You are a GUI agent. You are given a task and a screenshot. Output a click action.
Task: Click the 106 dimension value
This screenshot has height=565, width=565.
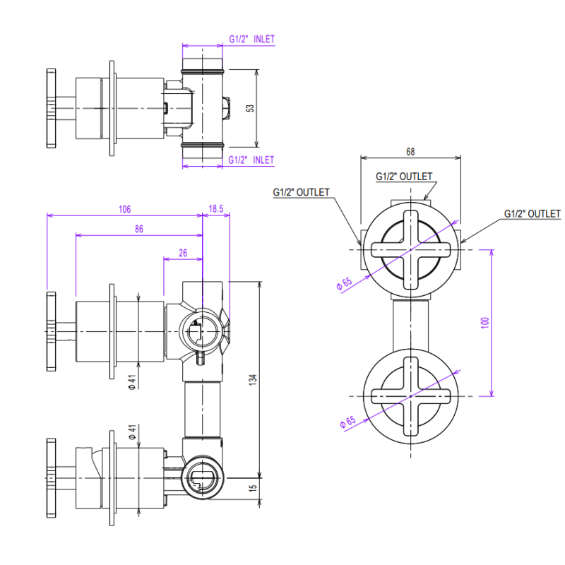[x=125, y=209]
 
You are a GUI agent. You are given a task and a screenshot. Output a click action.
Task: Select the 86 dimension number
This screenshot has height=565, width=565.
[x=139, y=229]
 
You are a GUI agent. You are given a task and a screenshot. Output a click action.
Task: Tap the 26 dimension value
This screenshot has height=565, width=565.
[x=183, y=253]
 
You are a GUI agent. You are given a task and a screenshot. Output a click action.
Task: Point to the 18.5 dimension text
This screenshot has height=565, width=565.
[x=216, y=208]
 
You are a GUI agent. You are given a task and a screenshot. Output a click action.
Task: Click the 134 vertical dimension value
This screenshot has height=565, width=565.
[x=253, y=380]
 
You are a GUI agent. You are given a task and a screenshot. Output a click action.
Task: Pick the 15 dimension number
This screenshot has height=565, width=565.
[x=253, y=487]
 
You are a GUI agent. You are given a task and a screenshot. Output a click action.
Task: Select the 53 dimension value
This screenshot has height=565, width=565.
[x=250, y=108]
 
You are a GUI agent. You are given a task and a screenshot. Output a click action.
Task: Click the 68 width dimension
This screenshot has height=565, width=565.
[x=410, y=152]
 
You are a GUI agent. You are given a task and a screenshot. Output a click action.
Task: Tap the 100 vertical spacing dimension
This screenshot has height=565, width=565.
[x=485, y=322]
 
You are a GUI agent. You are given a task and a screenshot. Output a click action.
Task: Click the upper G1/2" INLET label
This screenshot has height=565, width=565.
[x=252, y=39]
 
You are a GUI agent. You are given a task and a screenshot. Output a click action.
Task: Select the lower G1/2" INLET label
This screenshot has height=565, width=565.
[x=251, y=160]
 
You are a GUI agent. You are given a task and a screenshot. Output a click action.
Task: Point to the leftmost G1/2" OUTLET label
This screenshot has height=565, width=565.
[x=302, y=192]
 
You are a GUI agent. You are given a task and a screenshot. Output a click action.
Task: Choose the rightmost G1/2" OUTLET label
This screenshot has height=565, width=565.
[x=533, y=214]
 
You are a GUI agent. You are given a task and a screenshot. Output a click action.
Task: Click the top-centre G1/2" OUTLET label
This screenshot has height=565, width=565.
[x=404, y=176]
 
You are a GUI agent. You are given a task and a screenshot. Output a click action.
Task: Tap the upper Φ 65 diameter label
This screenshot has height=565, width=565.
[x=344, y=283]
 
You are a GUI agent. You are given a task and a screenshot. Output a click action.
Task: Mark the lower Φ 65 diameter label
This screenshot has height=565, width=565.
[x=347, y=422]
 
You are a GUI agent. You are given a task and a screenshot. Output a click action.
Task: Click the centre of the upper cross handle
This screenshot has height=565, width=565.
[x=411, y=250]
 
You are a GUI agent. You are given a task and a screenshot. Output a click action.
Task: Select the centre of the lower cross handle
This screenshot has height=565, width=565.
[x=411, y=396]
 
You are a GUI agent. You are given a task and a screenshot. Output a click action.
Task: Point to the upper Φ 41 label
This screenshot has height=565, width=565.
[x=132, y=382]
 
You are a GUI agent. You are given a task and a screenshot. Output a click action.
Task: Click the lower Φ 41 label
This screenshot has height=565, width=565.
[x=132, y=432]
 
